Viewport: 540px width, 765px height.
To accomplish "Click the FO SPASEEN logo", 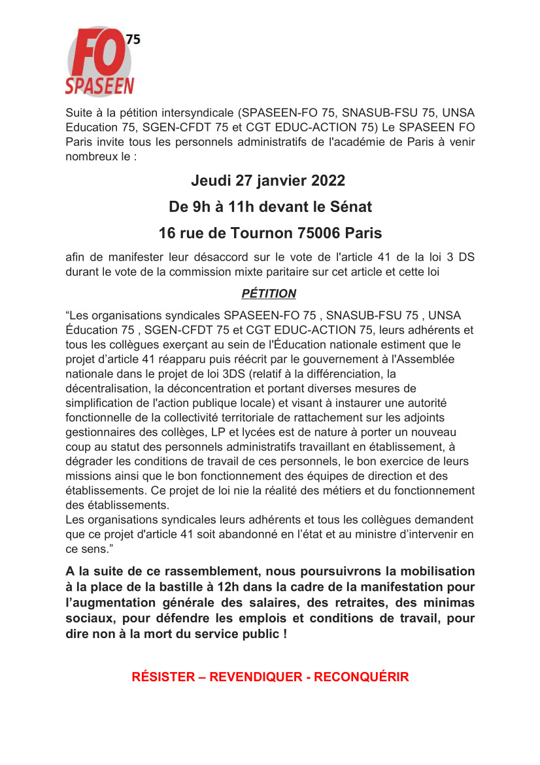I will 99,62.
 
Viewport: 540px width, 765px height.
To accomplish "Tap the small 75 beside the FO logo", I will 133,39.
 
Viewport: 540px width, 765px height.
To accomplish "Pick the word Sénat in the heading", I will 350,207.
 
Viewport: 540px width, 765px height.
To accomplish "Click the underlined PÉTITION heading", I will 269,294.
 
